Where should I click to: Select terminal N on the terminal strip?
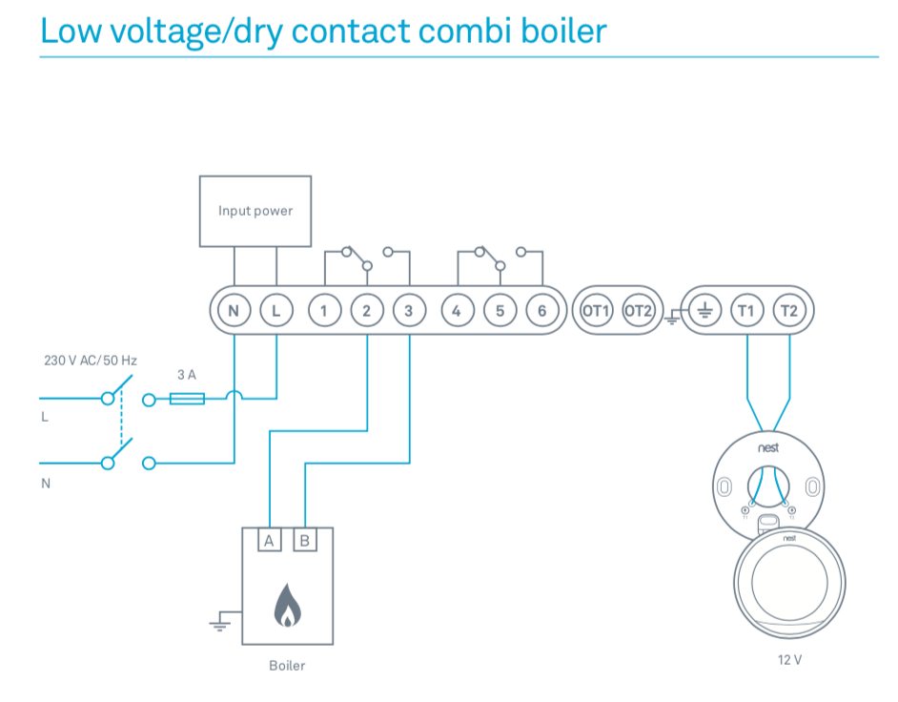tap(234, 311)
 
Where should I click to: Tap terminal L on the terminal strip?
tap(276, 311)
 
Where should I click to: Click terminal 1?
tap(324, 311)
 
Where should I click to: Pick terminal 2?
tap(366, 311)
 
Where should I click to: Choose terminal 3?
tap(409, 311)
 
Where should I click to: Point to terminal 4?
tap(457, 311)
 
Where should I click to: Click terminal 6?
tap(541, 311)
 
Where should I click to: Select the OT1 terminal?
tap(596, 311)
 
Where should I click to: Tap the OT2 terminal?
tap(638, 311)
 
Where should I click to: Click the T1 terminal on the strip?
tap(746, 311)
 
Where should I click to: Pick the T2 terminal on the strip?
tap(789, 311)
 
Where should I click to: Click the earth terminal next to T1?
tap(704, 311)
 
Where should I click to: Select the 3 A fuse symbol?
tap(187, 399)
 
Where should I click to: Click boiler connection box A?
tap(269, 541)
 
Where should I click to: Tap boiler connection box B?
tap(305, 541)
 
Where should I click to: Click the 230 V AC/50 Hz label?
tap(91, 361)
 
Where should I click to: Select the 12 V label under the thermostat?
tap(789, 660)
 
